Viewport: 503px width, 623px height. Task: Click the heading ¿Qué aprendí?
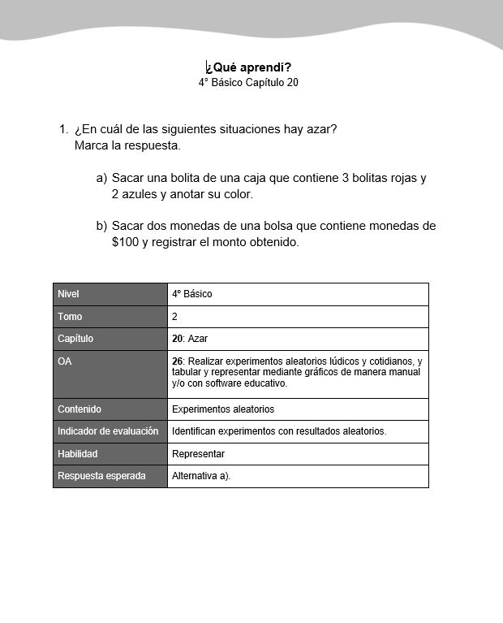(x=248, y=67)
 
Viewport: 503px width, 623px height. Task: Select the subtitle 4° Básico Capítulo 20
(x=248, y=83)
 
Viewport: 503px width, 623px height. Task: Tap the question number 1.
(x=63, y=129)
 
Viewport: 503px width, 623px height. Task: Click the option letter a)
(x=101, y=178)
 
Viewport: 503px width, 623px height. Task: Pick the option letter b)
(x=101, y=225)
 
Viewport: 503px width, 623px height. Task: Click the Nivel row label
(x=69, y=294)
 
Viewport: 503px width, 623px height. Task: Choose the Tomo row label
(x=71, y=317)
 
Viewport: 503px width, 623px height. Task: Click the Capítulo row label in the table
(x=75, y=339)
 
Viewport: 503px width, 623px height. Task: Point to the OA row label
(x=65, y=361)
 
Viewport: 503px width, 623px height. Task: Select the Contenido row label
(x=80, y=409)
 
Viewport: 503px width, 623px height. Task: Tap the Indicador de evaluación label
(x=108, y=431)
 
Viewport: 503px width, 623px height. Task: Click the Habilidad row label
(x=78, y=454)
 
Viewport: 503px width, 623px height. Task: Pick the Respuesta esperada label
(x=102, y=476)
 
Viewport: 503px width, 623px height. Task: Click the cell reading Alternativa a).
(x=201, y=476)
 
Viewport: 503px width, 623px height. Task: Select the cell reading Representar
(x=198, y=454)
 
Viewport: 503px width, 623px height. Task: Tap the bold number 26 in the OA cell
(x=178, y=361)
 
